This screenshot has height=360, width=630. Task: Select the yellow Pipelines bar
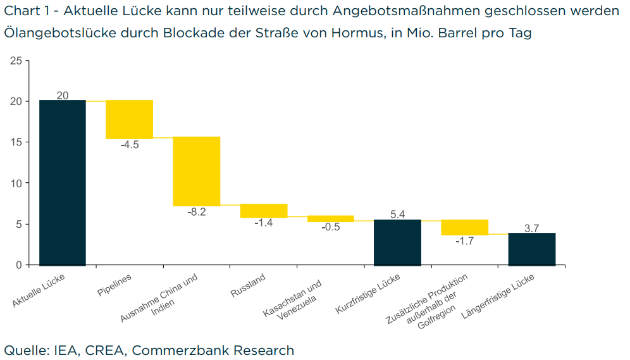coord(129,119)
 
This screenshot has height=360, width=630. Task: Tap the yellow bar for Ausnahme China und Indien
coord(196,171)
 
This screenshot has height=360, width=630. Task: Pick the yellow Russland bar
coord(264,211)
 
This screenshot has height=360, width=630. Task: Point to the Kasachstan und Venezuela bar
coord(330,218)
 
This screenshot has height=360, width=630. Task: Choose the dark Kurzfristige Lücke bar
coord(397,242)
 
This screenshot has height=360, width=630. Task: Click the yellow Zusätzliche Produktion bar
coord(464,227)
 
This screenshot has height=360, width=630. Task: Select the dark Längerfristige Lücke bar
coord(531,249)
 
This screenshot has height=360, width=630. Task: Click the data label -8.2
coord(196,212)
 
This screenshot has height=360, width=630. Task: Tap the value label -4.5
coord(129,145)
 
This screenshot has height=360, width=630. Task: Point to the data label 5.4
coord(397,214)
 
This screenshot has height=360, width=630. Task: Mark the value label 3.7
coord(531,228)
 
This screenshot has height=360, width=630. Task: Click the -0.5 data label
coord(330,227)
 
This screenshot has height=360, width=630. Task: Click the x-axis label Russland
coord(247,285)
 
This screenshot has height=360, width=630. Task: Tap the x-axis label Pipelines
coord(114,285)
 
